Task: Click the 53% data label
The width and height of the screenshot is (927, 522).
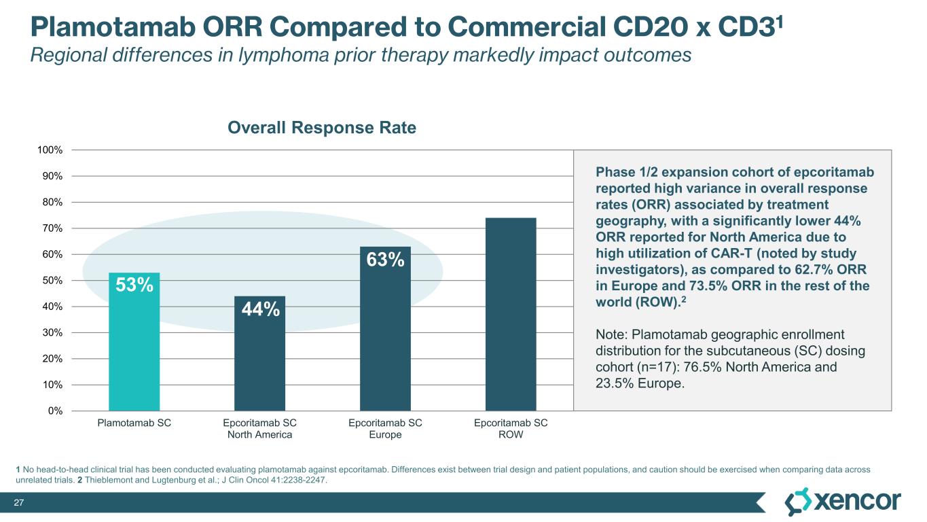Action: [x=134, y=285]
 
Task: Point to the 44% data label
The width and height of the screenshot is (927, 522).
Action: [x=261, y=309]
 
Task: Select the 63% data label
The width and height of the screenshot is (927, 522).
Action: [x=386, y=260]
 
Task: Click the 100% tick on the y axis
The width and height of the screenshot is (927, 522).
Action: [x=52, y=150]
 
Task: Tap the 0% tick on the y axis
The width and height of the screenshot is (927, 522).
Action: [x=56, y=411]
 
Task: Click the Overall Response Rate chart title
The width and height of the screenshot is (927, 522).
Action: [x=321, y=128]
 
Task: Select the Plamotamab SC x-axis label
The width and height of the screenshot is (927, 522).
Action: [x=134, y=423]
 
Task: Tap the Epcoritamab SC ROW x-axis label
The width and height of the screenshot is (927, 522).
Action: [x=511, y=429]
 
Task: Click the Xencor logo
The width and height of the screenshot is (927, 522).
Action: [x=842, y=503]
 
